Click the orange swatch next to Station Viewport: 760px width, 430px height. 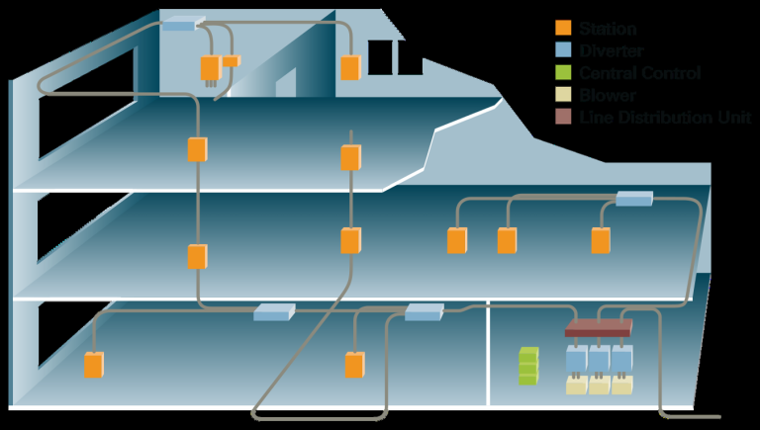click(563, 30)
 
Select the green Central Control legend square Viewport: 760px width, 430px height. click(563, 73)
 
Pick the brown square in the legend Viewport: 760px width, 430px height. click(563, 117)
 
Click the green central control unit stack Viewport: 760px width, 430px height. click(528, 366)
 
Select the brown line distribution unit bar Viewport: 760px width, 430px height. click(599, 327)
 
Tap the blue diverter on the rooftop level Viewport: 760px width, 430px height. click(182, 22)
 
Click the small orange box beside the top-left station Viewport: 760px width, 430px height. click(231, 61)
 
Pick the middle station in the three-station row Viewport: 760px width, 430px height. click(507, 240)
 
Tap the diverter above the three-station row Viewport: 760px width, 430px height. click(634, 199)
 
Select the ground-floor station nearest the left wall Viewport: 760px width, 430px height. click(93, 364)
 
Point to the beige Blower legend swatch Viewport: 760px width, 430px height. click(563, 95)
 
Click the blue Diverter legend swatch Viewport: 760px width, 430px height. click(563, 51)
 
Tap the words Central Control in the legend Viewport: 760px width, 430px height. click(639, 73)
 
